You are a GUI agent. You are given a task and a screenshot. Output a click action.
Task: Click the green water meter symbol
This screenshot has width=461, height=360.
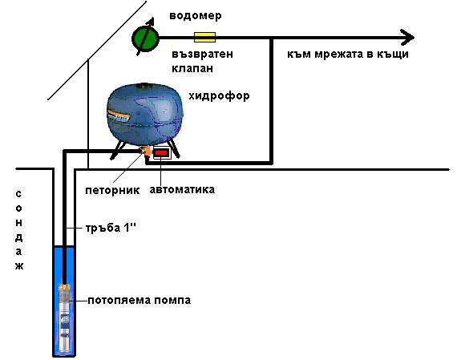click(145, 38)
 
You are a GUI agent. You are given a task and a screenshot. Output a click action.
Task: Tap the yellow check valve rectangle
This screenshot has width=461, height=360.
click(204, 38)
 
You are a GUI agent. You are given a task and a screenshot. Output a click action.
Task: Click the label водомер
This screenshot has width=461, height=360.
click(196, 15)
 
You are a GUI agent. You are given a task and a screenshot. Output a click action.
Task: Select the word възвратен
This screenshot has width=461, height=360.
click(202, 54)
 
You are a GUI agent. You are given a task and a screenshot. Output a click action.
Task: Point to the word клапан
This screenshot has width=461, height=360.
click(192, 68)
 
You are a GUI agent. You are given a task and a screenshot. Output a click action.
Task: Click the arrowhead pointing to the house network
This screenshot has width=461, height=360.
click(408, 38)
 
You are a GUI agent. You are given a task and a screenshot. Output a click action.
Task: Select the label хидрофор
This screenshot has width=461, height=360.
click(220, 96)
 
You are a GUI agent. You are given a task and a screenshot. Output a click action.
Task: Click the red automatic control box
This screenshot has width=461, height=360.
click(161, 152)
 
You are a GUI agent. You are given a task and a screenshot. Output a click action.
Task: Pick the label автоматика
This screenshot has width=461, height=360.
click(182, 190)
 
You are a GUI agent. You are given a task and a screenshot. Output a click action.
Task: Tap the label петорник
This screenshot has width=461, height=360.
click(112, 190)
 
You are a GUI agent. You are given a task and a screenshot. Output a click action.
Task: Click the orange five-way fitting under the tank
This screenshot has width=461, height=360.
click(147, 152)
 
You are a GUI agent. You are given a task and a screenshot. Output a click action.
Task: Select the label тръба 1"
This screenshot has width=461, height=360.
click(111, 228)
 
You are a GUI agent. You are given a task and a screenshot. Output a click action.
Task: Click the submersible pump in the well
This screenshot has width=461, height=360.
click(64, 318)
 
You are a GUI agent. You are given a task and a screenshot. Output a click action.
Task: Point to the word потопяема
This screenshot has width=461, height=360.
click(119, 301)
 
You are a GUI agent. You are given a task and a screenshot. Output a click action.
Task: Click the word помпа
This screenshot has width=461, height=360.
click(172, 301)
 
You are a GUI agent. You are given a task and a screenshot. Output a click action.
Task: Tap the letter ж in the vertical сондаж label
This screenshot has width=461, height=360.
click(19, 266)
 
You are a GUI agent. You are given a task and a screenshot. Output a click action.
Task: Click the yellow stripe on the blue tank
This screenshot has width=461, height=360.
click(119, 116)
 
